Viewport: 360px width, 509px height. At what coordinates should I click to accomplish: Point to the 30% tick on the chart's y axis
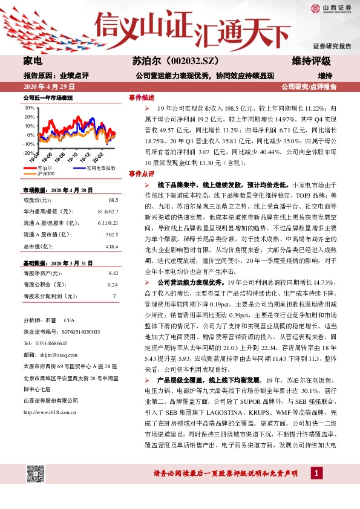tap(28, 108)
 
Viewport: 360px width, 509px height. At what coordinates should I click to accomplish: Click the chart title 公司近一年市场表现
tap(48, 97)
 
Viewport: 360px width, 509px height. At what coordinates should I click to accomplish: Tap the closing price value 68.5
tap(113, 199)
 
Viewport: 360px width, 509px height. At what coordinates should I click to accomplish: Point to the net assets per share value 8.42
tap(112, 274)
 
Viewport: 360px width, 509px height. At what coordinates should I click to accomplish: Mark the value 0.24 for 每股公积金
tap(112, 285)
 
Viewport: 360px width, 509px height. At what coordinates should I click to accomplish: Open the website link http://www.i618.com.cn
tap(50, 412)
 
